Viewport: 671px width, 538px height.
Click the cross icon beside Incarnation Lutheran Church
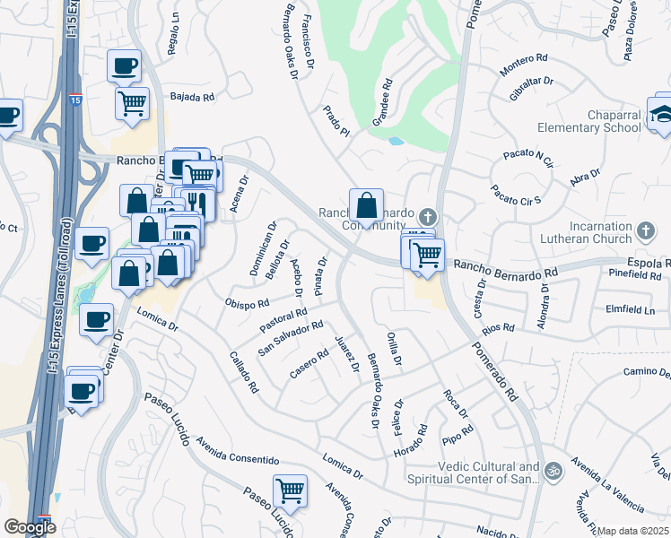click(x=645, y=233)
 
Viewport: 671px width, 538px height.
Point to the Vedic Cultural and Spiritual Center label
click(x=489, y=473)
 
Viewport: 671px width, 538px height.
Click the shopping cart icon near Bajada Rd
click(x=132, y=103)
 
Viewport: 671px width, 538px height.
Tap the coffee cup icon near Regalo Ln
click(x=124, y=65)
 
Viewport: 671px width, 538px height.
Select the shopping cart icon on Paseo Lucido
click(x=290, y=490)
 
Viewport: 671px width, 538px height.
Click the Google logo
click(x=30, y=527)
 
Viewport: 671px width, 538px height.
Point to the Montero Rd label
click(x=525, y=58)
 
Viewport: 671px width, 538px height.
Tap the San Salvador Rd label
click(x=290, y=336)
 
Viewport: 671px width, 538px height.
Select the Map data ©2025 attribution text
click(x=633, y=531)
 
